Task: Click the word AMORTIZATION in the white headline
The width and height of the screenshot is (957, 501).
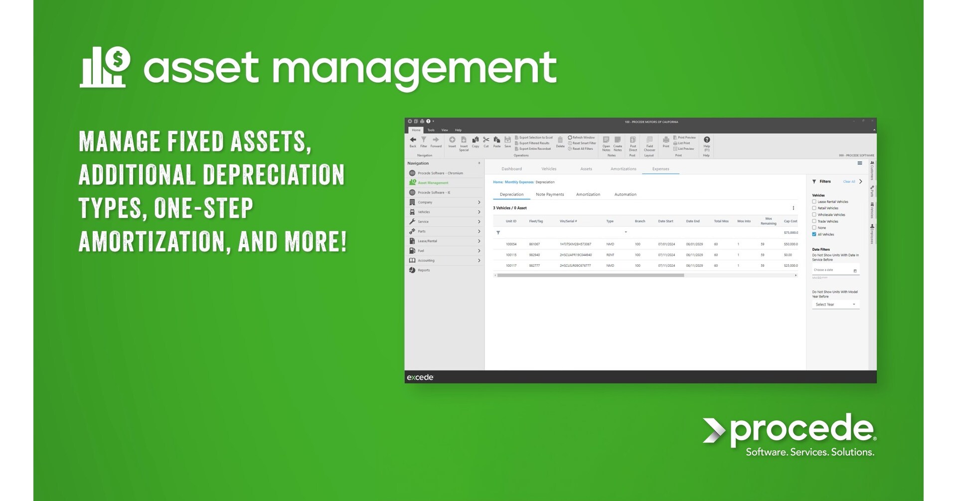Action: [155, 242]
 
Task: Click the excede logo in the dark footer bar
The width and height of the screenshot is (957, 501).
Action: [420, 377]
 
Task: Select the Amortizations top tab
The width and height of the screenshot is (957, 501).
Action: [623, 169]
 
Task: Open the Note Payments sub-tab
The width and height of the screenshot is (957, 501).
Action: [550, 194]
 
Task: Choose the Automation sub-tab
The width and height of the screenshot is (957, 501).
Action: [625, 194]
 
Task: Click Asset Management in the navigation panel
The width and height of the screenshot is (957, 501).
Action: [433, 183]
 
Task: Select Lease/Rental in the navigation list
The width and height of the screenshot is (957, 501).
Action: [427, 241]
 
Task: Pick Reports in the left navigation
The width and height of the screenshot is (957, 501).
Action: [424, 270]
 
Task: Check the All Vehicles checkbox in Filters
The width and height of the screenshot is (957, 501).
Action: [814, 234]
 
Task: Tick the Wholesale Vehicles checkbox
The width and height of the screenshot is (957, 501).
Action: [814, 215]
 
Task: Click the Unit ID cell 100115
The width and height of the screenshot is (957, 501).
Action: [511, 255]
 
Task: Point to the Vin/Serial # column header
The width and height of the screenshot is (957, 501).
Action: [568, 221]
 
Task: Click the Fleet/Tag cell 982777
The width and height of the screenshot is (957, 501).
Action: [534, 266]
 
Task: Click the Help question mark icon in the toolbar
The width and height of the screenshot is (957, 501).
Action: [706, 140]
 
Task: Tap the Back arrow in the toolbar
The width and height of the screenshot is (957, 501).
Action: [413, 140]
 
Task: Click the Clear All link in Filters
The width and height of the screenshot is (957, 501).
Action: [849, 181]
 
